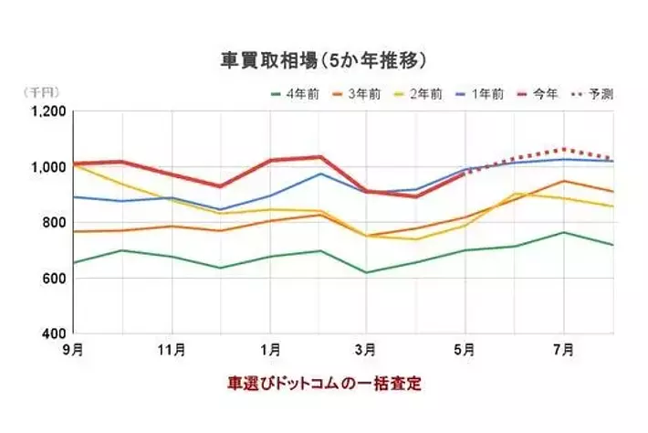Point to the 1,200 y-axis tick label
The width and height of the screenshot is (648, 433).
point(47,111)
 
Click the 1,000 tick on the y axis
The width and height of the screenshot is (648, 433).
point(47,167)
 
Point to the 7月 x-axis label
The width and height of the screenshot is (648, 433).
point(564,350)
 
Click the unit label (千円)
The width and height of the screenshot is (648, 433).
point(39,93)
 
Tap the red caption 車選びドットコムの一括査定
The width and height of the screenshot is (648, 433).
point(325,384)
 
